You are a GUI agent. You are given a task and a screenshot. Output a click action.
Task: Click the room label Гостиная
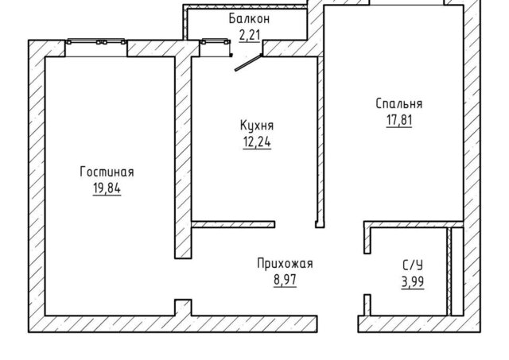click(x=107, y=172)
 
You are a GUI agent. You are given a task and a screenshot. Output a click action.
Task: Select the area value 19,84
click(x=107, y=188)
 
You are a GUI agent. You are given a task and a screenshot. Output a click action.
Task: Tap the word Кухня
click(x=257, y=126)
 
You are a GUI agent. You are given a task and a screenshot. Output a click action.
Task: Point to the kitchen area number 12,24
click(x=257, y=142)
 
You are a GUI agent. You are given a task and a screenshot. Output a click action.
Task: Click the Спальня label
click(x=399, y=104)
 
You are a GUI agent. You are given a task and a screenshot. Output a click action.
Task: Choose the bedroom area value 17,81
click(x=399, y=120)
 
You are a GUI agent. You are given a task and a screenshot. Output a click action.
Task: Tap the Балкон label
click(x=249, y=19)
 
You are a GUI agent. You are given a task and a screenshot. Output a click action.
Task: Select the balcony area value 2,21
click(x=250, y=35)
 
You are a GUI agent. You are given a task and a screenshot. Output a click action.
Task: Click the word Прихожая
click(x=285, y=263)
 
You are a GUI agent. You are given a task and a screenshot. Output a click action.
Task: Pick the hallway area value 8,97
click(x=285, y=280)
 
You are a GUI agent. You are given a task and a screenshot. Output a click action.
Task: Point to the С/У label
click(x=413, y=265)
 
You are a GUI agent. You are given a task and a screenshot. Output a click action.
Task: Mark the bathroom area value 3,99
click(x=413, y=282)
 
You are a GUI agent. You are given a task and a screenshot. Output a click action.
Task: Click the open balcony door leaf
click(x=248, y=62)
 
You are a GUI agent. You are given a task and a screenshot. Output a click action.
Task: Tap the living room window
click(x=96, y=48)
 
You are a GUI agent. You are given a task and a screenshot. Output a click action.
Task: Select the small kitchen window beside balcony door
click(x=216, y=48)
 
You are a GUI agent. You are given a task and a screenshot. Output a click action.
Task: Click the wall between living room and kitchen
click(x=183, y=157)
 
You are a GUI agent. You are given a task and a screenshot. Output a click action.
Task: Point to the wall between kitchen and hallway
click(x=233, y=224)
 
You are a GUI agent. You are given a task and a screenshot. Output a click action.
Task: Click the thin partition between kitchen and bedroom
click(x=321, y=141)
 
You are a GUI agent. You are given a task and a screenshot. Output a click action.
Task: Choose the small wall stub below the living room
click(x=183, y=308)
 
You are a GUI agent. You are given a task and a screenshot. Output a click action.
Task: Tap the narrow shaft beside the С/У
click(x=457, y=271)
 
